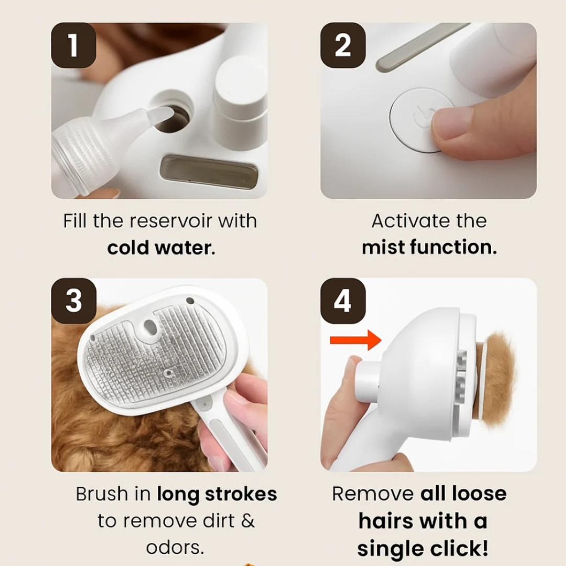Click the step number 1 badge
point(74,45)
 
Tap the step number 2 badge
point(343,45)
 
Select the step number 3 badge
point(74,301)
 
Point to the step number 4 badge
point(343,301)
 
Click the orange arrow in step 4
point(355,340)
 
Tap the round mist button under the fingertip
point(419,120)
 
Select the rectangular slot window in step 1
point(209,172)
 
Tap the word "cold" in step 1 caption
point(128,248)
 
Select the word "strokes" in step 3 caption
point(241,494)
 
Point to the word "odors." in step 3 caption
point(175,548)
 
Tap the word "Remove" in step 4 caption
point(373,494)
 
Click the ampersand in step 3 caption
point(247,521)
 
